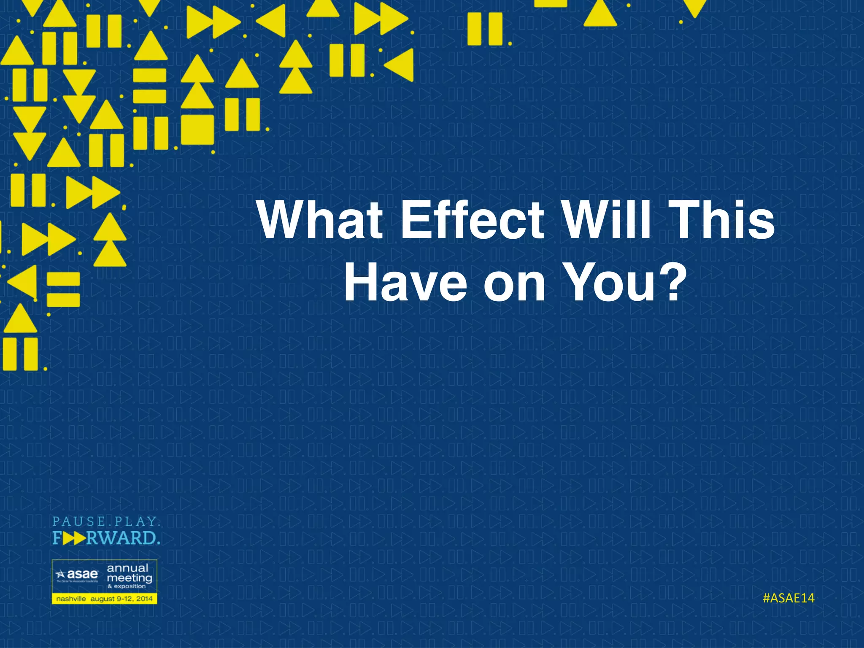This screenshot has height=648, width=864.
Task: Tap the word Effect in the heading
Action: click(472, 220)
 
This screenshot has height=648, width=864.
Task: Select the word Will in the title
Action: click(607, 220)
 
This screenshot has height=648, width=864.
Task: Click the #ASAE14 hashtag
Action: click(788, 598)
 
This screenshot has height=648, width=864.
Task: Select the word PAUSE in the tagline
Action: click(78, 522)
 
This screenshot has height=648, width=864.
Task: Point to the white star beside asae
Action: click(61, 574)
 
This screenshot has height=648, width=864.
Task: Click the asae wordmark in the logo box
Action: click(82, 575)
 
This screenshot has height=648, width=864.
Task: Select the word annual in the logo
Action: click(127, 568)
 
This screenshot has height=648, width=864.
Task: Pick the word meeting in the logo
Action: click(129, 578)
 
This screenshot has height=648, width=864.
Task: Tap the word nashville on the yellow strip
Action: click(71, 599)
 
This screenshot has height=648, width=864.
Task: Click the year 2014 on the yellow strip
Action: click(144, 599)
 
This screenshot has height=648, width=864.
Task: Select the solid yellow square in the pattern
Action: click(197, 129)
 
